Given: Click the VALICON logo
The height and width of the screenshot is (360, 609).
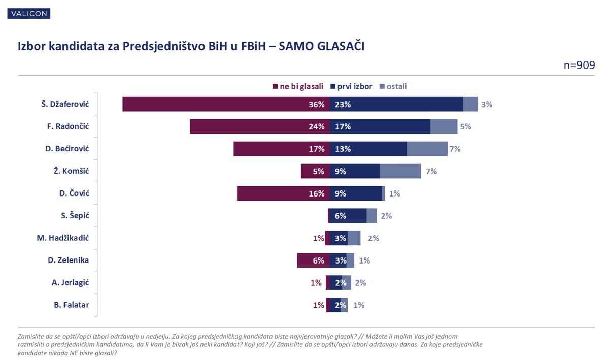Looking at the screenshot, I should coord(29,13).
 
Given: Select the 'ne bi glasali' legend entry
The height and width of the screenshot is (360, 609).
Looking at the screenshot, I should coord(298,86).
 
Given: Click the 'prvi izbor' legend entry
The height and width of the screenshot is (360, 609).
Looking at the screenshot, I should coord(351,86).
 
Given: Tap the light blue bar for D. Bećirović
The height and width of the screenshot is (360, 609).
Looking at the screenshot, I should coord(427,149).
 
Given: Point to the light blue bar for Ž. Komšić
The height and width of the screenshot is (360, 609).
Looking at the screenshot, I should coord(400,171).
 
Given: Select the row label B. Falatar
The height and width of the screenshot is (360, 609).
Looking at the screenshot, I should coord(71,305).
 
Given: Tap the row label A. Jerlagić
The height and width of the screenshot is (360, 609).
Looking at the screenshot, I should coord(70,283).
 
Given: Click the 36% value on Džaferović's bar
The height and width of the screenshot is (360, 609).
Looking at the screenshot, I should coord(317,105).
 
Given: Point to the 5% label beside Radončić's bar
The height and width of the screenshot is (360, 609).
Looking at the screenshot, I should coord(465,127).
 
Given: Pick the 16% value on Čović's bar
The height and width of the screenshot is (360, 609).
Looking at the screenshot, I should coord(317,194).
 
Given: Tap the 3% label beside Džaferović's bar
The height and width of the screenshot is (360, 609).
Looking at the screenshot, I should coord(487,105).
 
